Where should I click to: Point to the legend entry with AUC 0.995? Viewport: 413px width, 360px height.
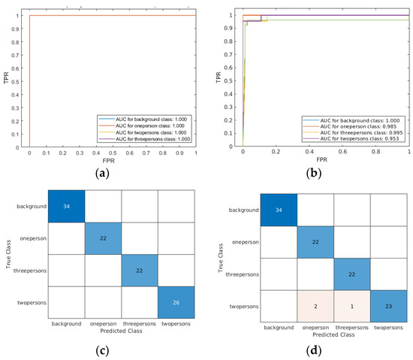[x=357, y=132]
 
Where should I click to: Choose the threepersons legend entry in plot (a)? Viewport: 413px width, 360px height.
[x=146, y=139]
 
